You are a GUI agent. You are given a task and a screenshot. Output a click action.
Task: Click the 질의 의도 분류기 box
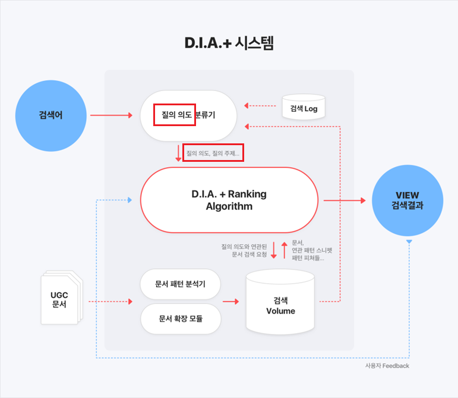[188, 115]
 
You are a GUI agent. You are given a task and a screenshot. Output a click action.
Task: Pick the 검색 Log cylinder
[304, 107]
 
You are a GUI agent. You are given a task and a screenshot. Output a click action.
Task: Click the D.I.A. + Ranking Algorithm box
[229, 200]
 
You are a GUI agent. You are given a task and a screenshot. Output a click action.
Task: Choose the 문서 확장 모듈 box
[181, 318]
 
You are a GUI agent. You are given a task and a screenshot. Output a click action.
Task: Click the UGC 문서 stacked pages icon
[59, 297]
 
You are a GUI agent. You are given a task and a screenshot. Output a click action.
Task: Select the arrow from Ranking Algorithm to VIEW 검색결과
[345, 201]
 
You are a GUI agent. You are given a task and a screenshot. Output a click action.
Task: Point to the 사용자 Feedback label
[387, 366]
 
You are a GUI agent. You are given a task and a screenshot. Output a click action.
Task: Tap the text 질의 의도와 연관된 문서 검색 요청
[244, 250]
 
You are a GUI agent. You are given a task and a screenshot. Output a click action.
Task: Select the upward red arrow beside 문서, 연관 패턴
[284, 249]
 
